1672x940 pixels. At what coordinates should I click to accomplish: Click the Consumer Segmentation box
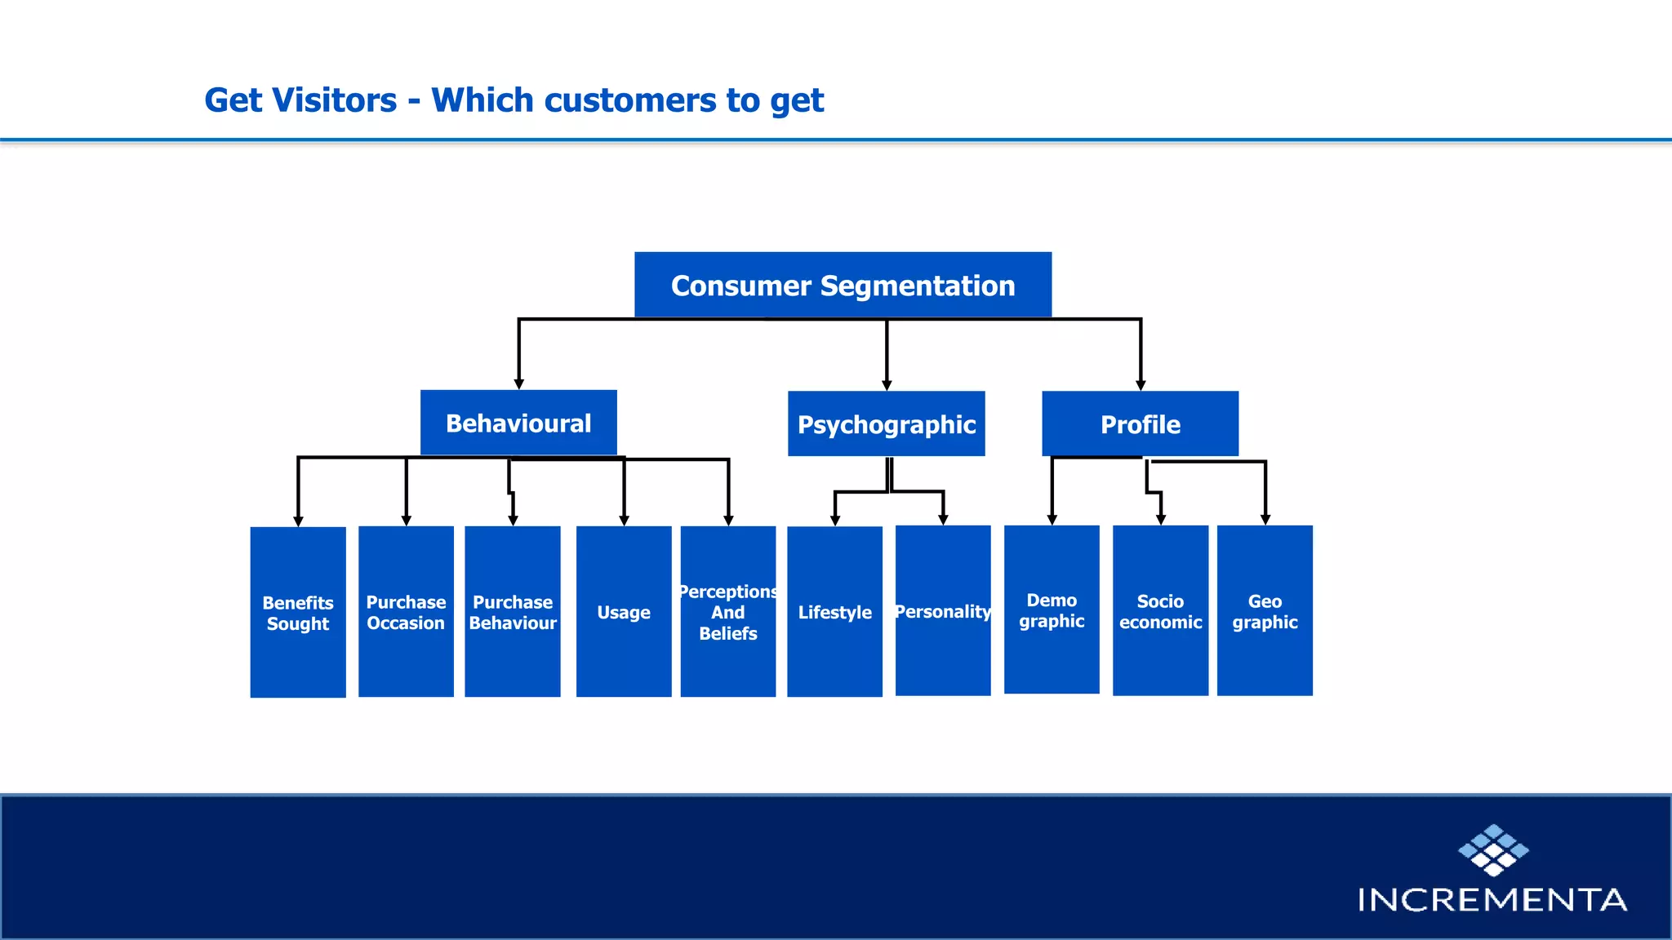(x=843, y=285)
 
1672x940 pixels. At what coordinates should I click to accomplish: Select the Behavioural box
(x=518, y=423)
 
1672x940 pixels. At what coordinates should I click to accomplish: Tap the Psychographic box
(x=886, y=423)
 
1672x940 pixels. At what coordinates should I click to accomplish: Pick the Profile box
(x=1140, y=423)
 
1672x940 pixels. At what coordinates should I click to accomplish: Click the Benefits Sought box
(x=298, y=612)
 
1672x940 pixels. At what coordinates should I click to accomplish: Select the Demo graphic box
(x=1052, y=610)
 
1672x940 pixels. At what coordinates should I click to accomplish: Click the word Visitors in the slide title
(x=335, y=100)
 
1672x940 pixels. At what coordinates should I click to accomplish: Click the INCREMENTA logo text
(x=1492, y=900)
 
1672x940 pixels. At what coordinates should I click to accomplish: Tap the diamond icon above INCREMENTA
(x=1493, y=849)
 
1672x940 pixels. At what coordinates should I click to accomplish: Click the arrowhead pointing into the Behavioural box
(x=518, y=384)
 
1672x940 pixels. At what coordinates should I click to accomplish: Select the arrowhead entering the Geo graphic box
(x=1265, y=519)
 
